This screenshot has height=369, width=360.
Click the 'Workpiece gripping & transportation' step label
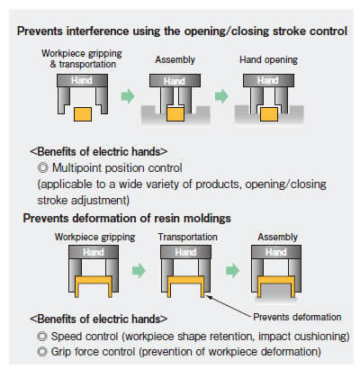click(x=82, y=58)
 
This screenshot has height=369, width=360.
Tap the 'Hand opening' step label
click(x=268, y=59)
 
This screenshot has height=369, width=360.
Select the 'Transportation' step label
click(x=188, y=237)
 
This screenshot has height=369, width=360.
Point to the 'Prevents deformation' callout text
click(x=297, y=317)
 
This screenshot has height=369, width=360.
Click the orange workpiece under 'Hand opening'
click(x=269, y=114)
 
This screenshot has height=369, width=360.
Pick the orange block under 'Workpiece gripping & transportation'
click(x=83, y=114)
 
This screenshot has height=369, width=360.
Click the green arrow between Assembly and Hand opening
click(x=221, y=96)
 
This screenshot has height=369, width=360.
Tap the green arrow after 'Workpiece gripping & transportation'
click(x=128, y=96)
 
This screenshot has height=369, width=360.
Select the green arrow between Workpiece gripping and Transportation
click(x=139, y=270)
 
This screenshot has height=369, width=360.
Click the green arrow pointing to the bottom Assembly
click(x=232, y=270)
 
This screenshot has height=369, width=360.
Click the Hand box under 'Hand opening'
click(x=268, y=81)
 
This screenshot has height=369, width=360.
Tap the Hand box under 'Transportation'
click(x=185, y=252)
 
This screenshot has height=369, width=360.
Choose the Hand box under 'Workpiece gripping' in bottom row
click(x=94, y=252)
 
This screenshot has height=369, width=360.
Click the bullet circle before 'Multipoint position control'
click(x=43, y=167)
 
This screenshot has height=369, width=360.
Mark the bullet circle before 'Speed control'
click(x=42, y=337)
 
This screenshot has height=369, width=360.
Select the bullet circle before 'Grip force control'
click(x=42, y=352)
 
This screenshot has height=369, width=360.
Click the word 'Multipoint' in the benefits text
click(x=77, y=168)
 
